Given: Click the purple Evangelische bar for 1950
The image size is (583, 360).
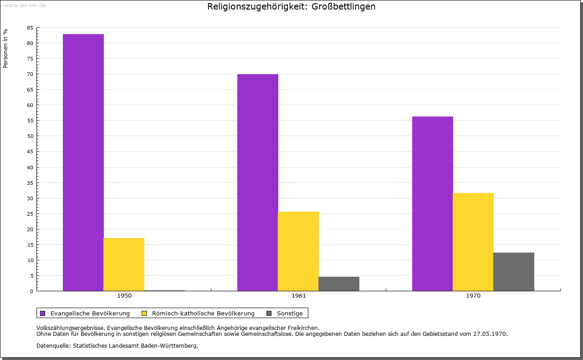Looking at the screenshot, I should (83, 162).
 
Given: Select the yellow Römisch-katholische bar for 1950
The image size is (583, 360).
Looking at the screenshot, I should (124, 264).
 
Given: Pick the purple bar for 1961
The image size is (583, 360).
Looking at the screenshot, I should (258, 183).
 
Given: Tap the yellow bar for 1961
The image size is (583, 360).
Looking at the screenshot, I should (298, 251).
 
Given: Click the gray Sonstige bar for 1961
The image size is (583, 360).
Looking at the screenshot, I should (339, 284).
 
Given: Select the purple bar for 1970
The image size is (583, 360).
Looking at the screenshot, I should (433, 203).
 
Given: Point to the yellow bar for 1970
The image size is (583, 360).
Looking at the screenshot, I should (473, 242).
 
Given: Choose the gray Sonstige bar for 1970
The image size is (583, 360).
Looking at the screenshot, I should (514, 272).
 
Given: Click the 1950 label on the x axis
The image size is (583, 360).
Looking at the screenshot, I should (124, 296).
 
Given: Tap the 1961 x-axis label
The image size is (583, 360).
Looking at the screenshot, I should (299, 296).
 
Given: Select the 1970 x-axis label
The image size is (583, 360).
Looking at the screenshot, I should (473, 296).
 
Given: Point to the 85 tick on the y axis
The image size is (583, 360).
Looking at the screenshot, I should (30, 28).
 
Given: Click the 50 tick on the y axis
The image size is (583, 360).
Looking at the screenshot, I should (30, 136).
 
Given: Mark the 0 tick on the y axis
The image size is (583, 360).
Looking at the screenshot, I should (32, 291).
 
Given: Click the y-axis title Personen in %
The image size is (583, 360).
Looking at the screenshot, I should (5, 49).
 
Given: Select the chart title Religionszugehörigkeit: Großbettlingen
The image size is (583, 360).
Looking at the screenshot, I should (291, 7).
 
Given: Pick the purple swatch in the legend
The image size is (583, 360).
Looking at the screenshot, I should (43, 313).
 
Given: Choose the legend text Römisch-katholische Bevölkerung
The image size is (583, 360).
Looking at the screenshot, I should (203, 313).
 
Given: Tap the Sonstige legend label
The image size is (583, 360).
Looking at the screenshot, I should (290, 313).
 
